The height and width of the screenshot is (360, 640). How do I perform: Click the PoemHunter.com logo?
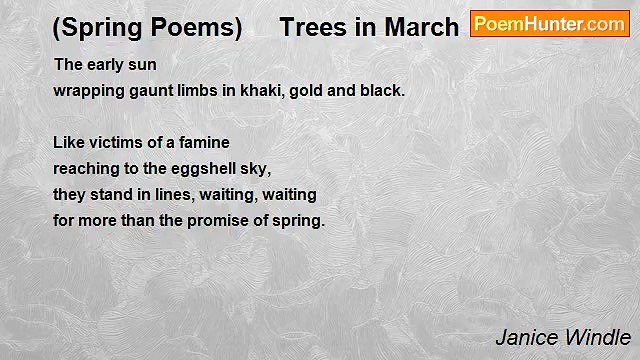pyautogui.click(x=549, y=24)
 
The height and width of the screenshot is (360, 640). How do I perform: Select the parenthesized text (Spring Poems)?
pyautogui.click(x=147, y=27)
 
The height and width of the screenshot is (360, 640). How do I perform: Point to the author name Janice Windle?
pyautogui.click(x=563, y=337)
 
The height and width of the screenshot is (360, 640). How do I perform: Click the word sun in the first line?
pyautogui.click(x=143, y=65)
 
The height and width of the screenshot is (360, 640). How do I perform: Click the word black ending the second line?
pyautogui.click(x=385, y=90)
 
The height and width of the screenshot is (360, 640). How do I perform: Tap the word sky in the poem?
pyautogui.click(x=255, y=169)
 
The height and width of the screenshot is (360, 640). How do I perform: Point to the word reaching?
pyautogui.click(x=85, y=169)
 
